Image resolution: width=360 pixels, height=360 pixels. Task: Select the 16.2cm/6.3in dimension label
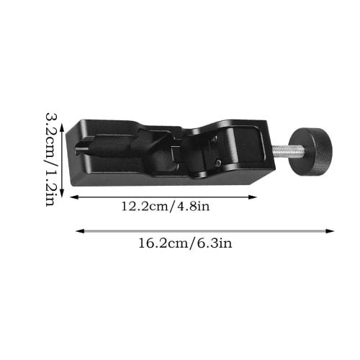point(186,243)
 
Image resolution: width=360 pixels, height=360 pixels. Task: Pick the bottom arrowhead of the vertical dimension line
point(63,193)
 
